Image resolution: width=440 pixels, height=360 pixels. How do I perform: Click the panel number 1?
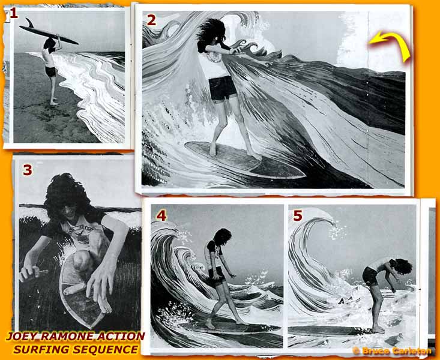14,13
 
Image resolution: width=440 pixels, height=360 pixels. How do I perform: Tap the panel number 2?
151,20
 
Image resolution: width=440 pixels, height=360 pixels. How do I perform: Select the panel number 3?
28,170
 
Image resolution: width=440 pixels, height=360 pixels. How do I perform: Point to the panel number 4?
161,215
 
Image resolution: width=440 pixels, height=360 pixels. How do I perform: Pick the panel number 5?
298,215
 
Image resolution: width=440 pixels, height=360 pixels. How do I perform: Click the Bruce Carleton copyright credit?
392,350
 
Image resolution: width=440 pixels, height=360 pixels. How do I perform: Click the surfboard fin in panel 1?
29,23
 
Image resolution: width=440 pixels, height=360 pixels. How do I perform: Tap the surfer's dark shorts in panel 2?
223,88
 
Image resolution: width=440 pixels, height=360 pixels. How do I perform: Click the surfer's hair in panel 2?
211,30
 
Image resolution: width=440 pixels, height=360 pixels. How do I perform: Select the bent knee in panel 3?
82,259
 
